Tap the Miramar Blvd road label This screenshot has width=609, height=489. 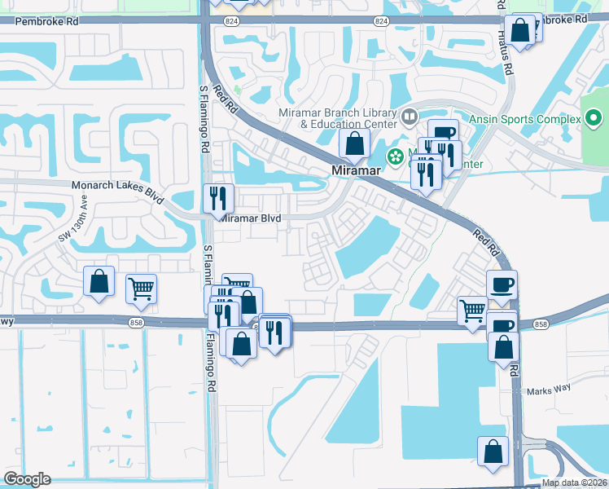[252, 218]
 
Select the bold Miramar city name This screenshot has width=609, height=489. [357, 170]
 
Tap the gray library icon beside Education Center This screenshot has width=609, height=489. [409, 119]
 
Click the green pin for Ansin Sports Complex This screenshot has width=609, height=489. [594, 120]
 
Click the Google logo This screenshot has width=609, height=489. [27, 479]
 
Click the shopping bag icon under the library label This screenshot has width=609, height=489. [354, 144]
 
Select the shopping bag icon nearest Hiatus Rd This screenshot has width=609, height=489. [520, 30]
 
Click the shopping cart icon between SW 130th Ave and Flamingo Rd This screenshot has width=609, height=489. [142, 288]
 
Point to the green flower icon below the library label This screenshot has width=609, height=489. [395, 156]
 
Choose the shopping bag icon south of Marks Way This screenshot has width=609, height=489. [493, 451]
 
